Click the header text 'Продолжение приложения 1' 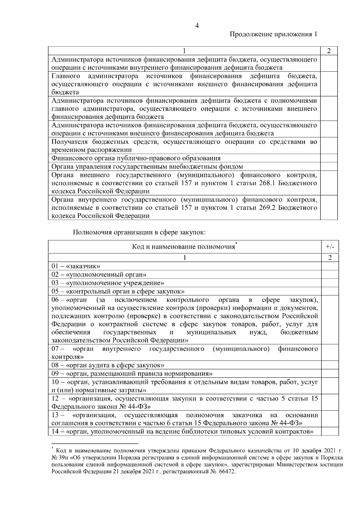click(x=273, y=34)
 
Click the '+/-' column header click(x=330, y=247)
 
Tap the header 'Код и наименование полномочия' click(x=184, y=247)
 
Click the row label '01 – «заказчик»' click(x=76, y=266)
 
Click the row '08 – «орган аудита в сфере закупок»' click(x=108, y=365)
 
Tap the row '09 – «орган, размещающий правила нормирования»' click(x=132, y=374)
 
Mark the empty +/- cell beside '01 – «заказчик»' click(x=330, y=266)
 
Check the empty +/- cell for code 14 click(x=330, y=431)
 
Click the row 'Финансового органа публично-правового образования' click(x=136, y=158)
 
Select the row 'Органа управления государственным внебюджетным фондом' click(x=147, y=167)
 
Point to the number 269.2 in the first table click(x=267, y=208)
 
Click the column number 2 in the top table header click(x=329, y=51)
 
